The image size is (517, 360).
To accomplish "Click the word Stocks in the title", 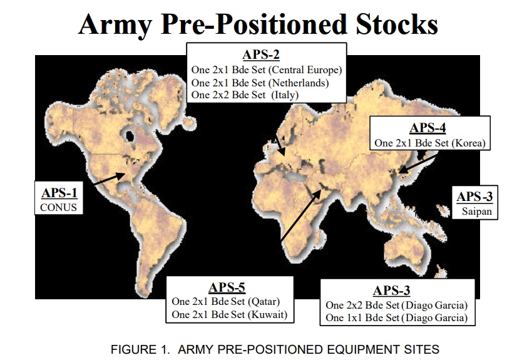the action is [x=397, y=24].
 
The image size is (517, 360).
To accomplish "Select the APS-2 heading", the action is [x=261, y=54].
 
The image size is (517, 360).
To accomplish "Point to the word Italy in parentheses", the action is [x=285, y=95].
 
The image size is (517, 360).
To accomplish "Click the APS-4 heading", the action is [x=427, y=128].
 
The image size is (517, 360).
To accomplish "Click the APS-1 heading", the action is [x=59, y=193].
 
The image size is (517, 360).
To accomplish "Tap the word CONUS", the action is [x=58, y=207].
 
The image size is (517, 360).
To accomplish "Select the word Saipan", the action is [x=477, y=212].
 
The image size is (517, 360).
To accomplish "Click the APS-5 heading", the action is [x=227, y=287].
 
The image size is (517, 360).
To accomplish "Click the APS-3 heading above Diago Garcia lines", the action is [x=392, y=291].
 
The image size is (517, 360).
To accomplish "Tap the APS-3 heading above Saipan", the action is [x=474, y=197].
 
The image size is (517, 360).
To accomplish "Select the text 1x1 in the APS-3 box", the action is [x=354, y=318].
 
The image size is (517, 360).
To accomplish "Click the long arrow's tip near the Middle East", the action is [x=320, y=190].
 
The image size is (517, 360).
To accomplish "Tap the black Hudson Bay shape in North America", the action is [x=130, y=135].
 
